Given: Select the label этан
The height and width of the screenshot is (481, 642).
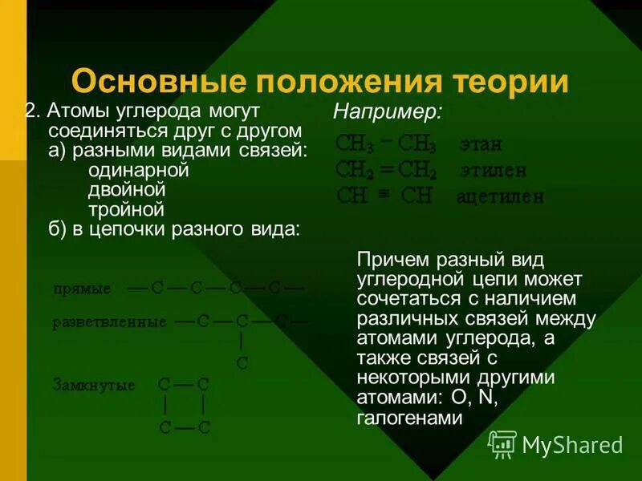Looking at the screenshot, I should point(481,145).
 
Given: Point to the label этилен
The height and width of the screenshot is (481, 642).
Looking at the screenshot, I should point(493,170).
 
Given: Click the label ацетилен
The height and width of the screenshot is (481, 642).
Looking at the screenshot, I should point(500,196).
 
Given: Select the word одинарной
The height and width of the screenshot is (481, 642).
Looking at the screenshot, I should point(138,170).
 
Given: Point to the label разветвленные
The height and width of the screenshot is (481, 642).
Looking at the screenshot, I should point(109,322).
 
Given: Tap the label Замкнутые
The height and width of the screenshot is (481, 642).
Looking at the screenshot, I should point(93,385).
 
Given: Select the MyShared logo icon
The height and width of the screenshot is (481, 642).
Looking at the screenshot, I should point(502,443).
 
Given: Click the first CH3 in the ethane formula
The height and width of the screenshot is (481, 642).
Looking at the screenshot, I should point(355,144).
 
